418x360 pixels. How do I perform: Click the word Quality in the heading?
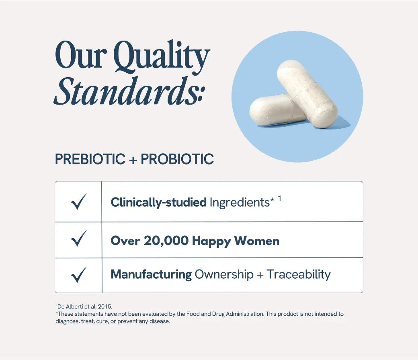(162, 57)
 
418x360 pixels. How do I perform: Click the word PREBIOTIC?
(90, 159)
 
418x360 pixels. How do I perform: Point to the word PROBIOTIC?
(177, 159)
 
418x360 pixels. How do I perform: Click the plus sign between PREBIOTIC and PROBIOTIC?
(133, 160)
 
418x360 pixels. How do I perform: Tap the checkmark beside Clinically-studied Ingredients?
(79, 202)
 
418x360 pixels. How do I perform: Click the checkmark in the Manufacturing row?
(79, 275)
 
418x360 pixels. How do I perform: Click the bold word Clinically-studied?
(159, 202)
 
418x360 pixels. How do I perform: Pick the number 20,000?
(166, 241)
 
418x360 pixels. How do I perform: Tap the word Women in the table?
(257, 241)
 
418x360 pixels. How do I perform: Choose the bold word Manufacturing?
(151, 274)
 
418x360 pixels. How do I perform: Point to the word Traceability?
(299, 274)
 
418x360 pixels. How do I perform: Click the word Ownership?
(224, 274)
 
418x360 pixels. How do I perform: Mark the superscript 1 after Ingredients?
(279, 199)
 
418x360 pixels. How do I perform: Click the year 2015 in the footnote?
(105, 307)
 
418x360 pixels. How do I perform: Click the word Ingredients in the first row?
(240, 202)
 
